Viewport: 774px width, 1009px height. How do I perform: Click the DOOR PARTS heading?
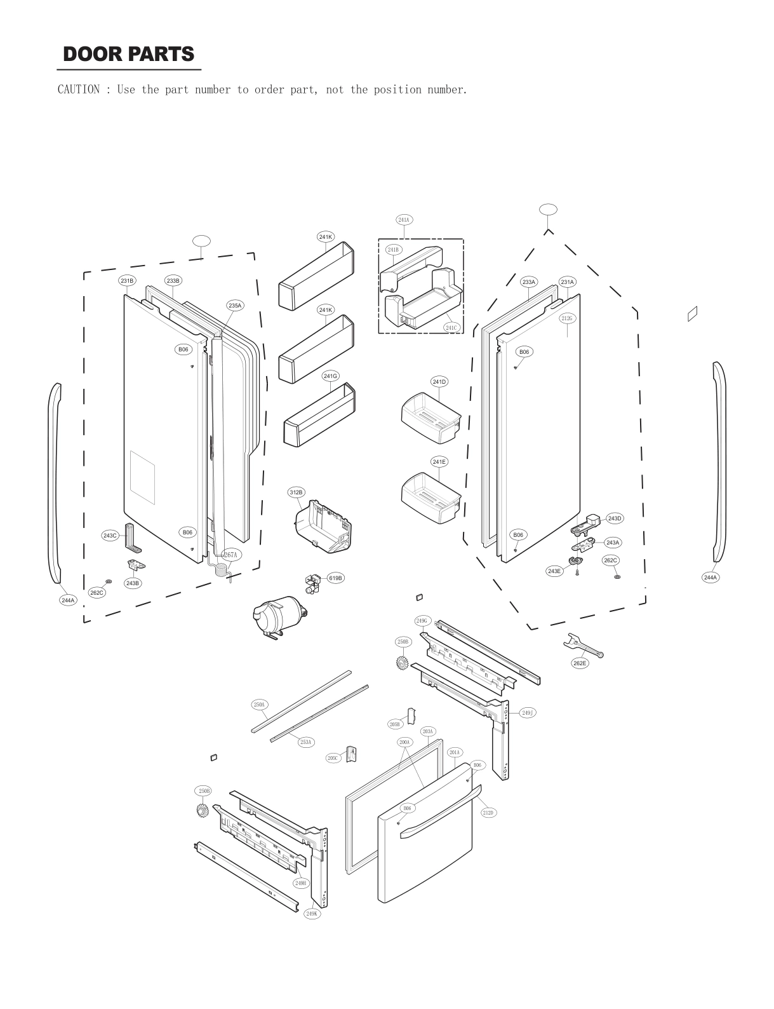coord(129,55)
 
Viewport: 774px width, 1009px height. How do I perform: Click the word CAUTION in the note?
coord(78,90)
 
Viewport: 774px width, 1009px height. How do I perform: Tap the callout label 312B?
coord(297,492)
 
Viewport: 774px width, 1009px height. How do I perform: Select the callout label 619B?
coord(335,578)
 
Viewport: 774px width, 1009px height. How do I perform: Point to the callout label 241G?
coord(330,376)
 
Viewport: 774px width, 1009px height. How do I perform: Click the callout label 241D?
coord(439,382)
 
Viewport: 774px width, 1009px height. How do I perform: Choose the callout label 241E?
coord(439,462)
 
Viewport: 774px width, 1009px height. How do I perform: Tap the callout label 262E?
coord(580,663)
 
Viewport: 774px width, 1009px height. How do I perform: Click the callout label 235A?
coord(235,306)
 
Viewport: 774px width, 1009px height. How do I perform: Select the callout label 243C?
coord(110,536)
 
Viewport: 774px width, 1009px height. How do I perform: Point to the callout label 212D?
coord(488,812)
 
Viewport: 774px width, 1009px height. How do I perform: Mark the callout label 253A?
coord(306,742)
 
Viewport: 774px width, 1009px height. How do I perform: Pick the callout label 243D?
coord(614,518)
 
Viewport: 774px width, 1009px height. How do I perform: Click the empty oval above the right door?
coord(547,209)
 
